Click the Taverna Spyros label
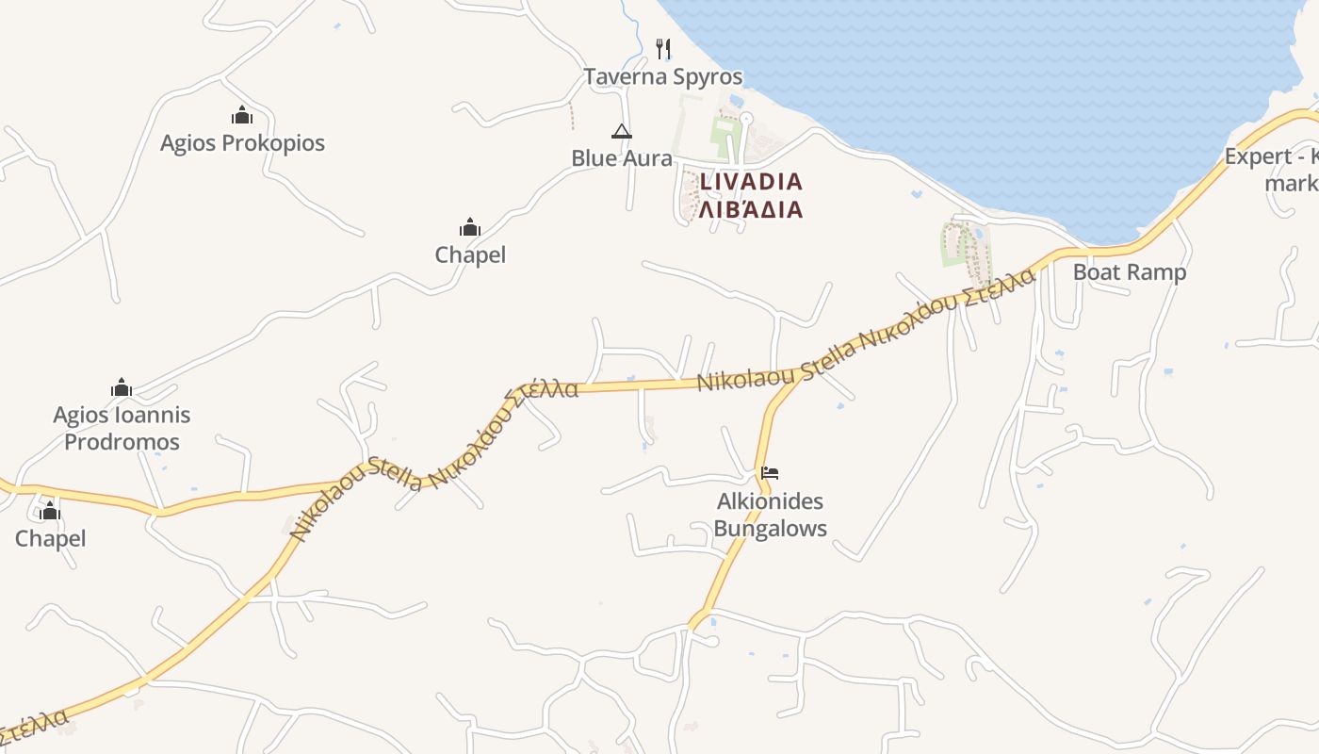pyautogui.click(x=663, y=76)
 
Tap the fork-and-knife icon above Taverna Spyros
pyautogui.click(x=663, y=48)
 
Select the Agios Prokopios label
pyautogui.click(x=242, y=143)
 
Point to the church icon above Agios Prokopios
pyautogui.click(x=242, y=115)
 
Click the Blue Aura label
pyautogui.click(x=621, y=157)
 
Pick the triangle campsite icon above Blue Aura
pyautogui.click(x=621, y=131)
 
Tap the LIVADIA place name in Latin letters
pyautogui.click(x=751, y=181)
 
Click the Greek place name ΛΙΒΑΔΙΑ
pyautogui.click(x=751, y=209)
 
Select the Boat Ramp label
pyautogui.click(x=1130, y=272)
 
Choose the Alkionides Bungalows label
pyautogui.click(x=770, y=515)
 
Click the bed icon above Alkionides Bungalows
pyautogui.click(x=770, y=472)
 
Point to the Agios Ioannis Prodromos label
pyautogui.click(x=122, y=428)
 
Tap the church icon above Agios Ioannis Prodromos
pyautogui.click(x=122, y=387)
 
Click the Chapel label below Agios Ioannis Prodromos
pyautogui.click(x=51, y=538)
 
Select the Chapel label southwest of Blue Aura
pyautogui.click(x=470, y=254)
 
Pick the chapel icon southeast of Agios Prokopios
pyautogui.click(x=470, y=227)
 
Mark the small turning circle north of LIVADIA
pyautogui.click(x=746, y=118)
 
